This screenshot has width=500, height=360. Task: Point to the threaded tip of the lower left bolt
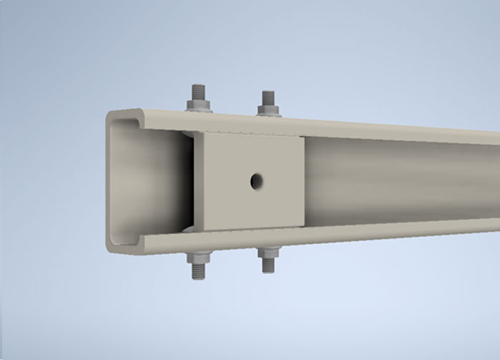click(197, 274)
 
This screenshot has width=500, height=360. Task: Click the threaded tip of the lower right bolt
click(268, 266)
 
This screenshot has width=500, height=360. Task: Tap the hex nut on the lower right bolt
click(268, 251)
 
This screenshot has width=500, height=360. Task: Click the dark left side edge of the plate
click(191, 183)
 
